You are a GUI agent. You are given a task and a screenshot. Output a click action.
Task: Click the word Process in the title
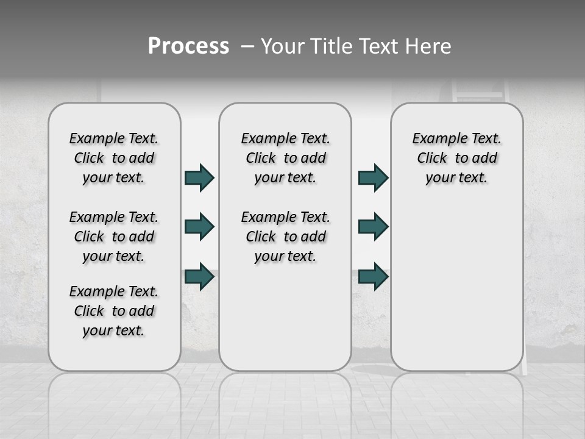tap(188, 46)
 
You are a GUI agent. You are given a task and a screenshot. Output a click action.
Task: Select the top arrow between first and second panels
tap(199, 178)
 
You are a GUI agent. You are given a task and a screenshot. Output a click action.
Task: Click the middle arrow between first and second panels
tap(199, 227)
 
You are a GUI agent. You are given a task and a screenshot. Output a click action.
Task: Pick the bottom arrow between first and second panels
tap(199, 276)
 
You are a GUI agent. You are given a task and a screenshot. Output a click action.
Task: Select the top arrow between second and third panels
tap(373, 178)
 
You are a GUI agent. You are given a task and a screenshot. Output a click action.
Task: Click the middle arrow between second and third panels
tap(373, 227)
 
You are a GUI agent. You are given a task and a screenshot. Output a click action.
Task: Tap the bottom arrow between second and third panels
tap(373, 276)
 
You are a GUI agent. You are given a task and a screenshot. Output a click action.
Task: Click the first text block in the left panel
tap(114, 158)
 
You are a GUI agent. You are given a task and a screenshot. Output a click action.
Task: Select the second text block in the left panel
tap(114, 237)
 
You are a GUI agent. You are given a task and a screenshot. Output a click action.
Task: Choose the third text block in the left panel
tap(114, 311)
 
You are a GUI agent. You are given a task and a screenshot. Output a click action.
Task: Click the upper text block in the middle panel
tap(285, 158)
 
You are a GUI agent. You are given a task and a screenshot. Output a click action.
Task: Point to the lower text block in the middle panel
tap(285, 237)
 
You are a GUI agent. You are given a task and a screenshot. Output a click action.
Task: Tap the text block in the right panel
tap(456, 158)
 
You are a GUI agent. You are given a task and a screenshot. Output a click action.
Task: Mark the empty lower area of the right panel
tap(456, 280)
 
